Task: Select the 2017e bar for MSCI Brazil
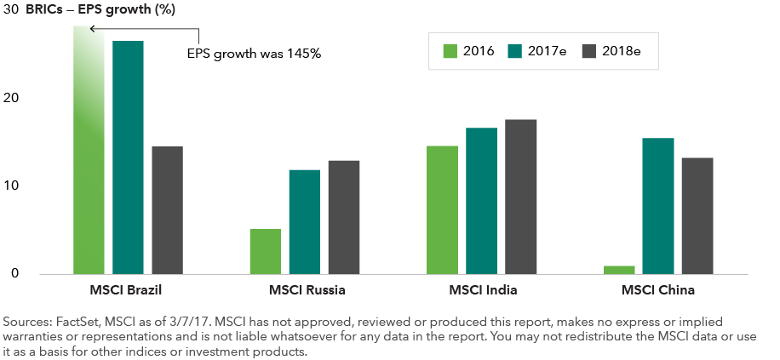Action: pyautogui.click(x=127, y=157)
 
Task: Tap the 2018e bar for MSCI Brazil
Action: pyautogui.click(x=167, y=210)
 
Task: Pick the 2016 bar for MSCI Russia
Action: pyautogui.click(x=265, y=251)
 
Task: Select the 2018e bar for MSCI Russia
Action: pyautogui.click(x=344, y=217)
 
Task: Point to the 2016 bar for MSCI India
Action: pyautogui.click(x=442, y=210)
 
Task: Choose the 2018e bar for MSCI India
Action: pyautogui.click(x=521, y=197)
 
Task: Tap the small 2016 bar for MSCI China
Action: pyautogui.click(x=619, y=270)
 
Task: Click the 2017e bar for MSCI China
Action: pyautogui.click(x=658, y=206)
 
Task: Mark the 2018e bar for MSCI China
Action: pyautogui.click(x=697, y=215)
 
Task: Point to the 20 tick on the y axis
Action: pyautogui.click(x=10, y=98)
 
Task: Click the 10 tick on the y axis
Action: pyautogui.click(x=10, y=186)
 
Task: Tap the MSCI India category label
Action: pyautogui.click(x=483, y=290)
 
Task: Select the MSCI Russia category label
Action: pyautogui.click(x=307, y=290)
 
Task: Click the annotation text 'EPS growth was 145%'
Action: pyautogui.click(x=253, y=53)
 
